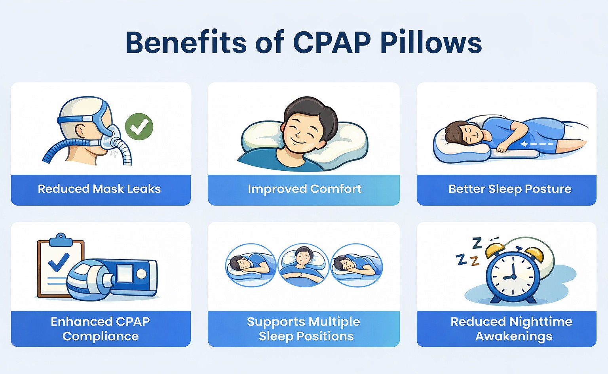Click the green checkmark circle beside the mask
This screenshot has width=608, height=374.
(139, 127)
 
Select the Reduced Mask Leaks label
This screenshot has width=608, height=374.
(99, 189)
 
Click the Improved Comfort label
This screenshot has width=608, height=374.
(304, 189)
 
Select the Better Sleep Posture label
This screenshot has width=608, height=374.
(509, 189)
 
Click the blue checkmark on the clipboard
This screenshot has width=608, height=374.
(59, 262)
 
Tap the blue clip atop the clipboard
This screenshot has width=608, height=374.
(61, 239)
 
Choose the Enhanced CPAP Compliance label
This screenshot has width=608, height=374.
(100, 328)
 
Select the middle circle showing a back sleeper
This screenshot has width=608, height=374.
(303, 265)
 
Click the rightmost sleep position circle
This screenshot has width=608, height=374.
(356, 265)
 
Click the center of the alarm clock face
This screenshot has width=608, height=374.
(513, 276)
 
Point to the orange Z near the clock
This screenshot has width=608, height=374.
(475, 261)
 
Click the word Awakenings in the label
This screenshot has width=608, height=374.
(513, 336)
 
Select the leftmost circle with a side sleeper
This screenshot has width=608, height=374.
(251, 265)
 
